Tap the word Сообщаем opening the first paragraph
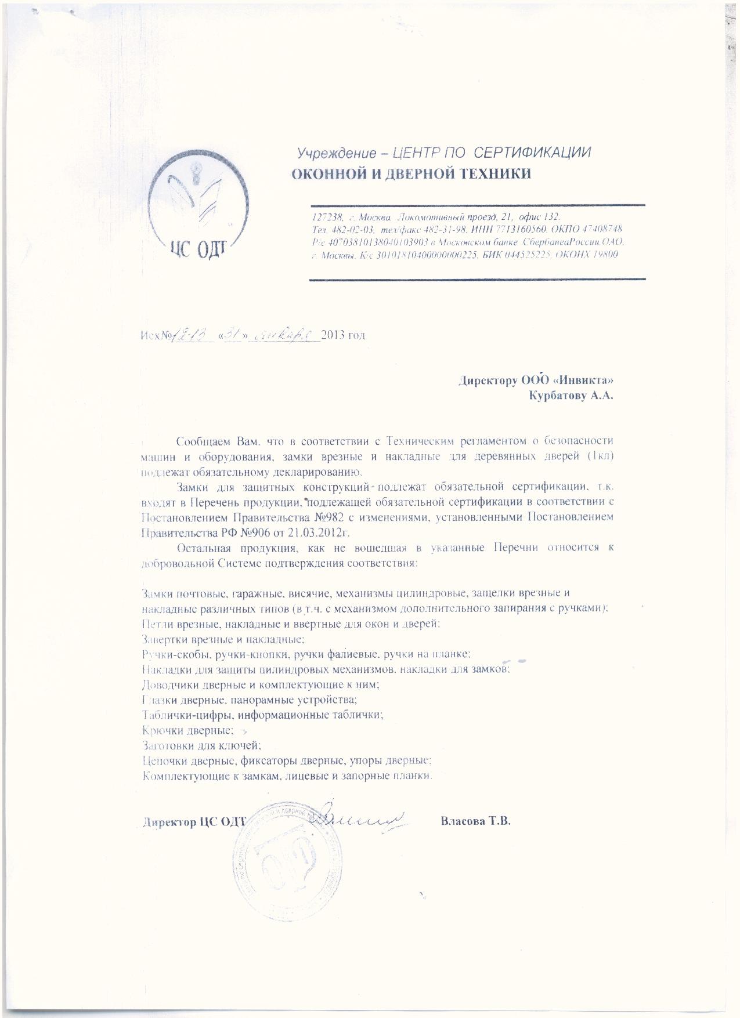205,441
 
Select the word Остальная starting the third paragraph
206,548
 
